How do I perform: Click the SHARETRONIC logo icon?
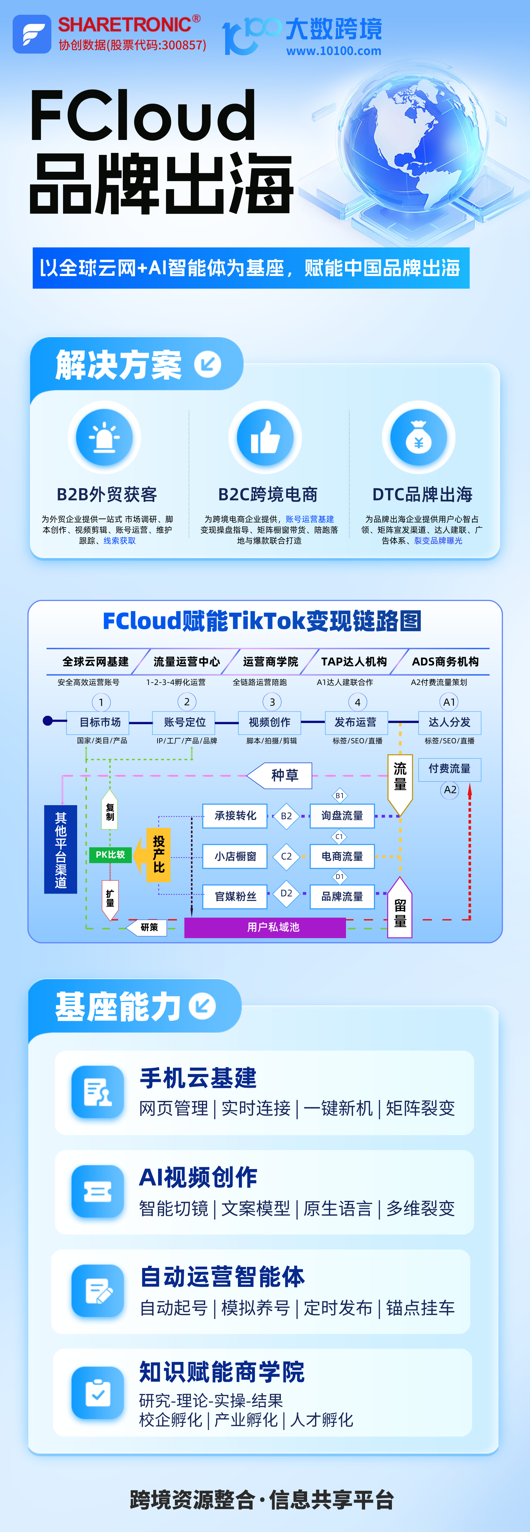point(32,34)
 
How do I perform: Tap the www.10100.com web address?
point(333,51)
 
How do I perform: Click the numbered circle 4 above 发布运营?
point(357,702)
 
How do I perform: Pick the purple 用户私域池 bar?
point(265,927)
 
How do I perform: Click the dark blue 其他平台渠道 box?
point(61,849)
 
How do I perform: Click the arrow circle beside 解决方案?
point(207,364)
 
